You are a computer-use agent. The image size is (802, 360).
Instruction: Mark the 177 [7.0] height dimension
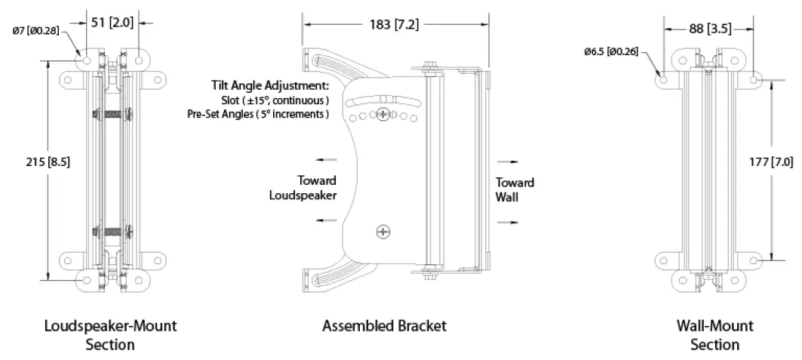coord(782,162)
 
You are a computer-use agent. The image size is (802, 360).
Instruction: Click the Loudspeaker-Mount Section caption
coord(110,335)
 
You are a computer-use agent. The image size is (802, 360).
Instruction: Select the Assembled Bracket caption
coord(384,326)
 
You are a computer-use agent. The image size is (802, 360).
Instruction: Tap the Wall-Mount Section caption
coord(714,335)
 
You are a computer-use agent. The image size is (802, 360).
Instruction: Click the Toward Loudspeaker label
coord(302,187)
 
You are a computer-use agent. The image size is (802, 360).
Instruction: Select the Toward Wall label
coord(515,189)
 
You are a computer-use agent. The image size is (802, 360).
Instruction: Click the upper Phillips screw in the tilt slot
coord(385,115)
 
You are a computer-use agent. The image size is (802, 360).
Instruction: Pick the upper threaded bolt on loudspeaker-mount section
coord(111,115)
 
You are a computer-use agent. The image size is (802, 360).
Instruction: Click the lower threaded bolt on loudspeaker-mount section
coord(111,231)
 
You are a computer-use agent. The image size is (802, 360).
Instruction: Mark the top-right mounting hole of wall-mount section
coord(757,78)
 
